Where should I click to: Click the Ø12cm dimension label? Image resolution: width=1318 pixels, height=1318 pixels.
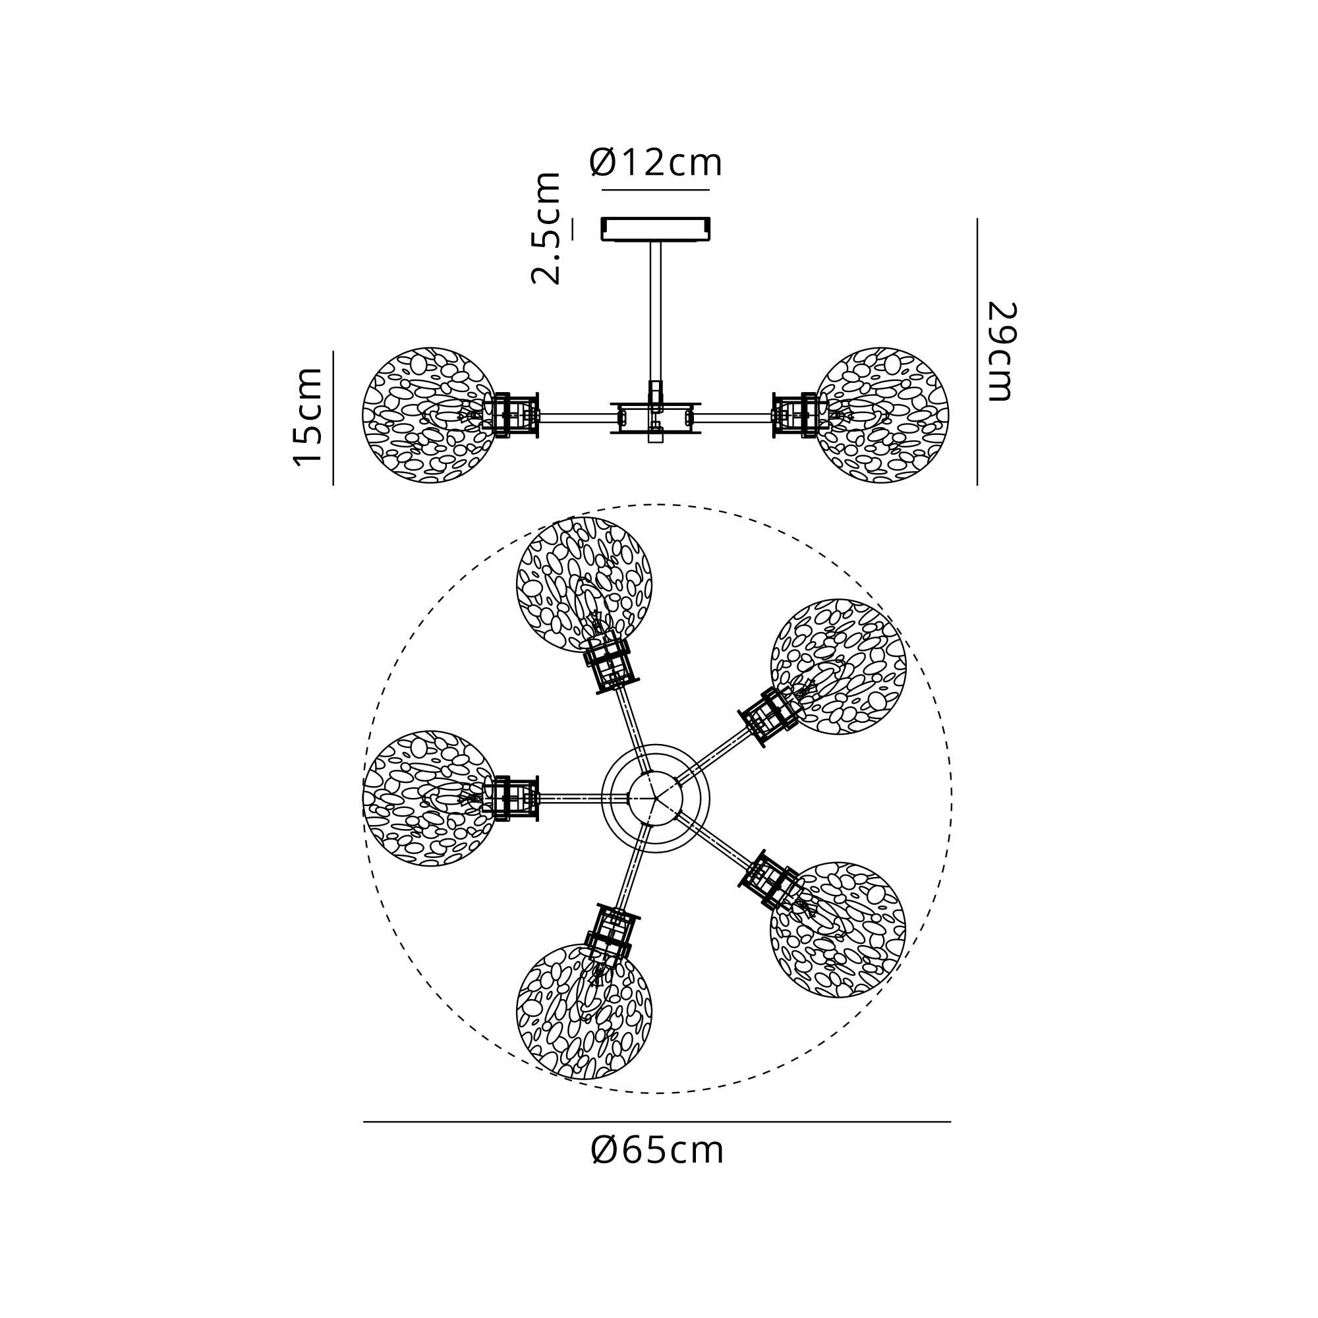tap(656, 161)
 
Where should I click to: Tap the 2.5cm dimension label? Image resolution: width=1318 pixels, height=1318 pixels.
tap(546, 228)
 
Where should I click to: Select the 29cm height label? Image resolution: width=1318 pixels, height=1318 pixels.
tap(1002, 351)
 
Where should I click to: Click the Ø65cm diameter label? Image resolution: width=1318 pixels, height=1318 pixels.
tap(657, 1151)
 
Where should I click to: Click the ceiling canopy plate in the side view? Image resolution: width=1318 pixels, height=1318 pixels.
tap(656, 229)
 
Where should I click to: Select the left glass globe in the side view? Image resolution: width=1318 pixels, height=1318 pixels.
tap(429, 415)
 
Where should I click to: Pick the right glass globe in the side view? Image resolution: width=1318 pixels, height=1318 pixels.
tap(881, 415)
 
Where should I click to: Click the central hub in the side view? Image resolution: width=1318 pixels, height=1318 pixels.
tap(656, 417)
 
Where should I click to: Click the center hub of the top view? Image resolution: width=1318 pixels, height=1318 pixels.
tap(656, 797)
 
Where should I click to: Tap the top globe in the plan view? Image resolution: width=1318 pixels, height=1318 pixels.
tap(584, 585)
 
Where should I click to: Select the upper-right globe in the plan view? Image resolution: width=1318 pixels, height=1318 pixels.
tap(838, 666)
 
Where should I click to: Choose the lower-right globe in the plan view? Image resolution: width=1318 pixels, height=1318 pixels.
tap(838, 930)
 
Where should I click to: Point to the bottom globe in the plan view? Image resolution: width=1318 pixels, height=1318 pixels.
tap(584, 1011)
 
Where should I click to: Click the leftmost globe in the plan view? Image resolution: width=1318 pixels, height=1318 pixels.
tap(429, 798)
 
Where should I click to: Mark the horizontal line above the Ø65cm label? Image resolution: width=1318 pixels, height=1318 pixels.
tap(656, 1122)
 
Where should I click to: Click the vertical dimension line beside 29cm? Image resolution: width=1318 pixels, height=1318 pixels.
tap(977, 351)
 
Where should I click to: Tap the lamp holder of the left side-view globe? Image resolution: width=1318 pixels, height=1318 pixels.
tap(511, 415)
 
